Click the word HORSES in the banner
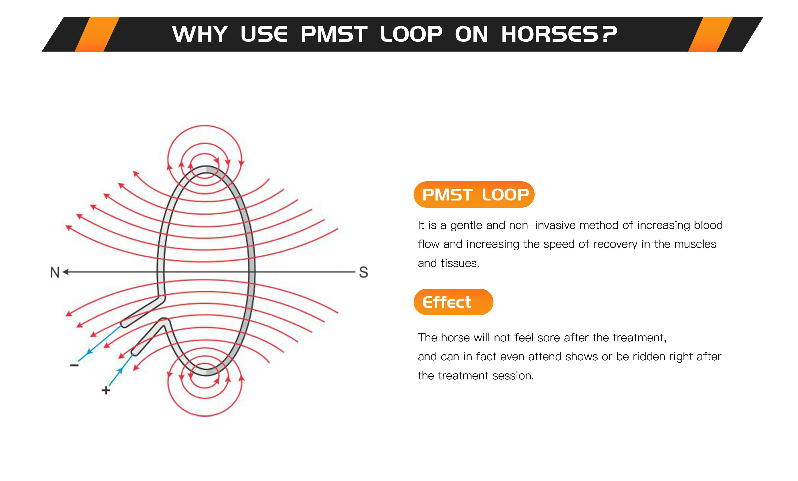[550, 34]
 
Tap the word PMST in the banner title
[334, 34]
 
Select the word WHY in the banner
[200, 34]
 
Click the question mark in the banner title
[609, 34]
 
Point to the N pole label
[55, 272]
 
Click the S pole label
[363, 272]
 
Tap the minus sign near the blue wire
[74, 365]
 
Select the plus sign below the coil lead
[106, 390]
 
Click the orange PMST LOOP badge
[474, 195]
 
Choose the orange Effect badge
[454, 302]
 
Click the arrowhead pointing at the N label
[66, 272]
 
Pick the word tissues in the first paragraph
[460, 263]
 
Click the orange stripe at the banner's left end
[97, 34]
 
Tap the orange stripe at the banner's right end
[710, 34]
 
